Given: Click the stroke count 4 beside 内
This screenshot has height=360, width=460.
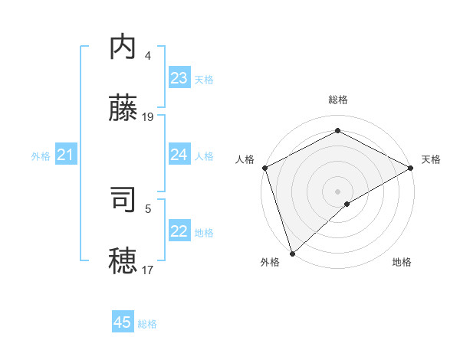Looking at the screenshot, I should pos(148,56).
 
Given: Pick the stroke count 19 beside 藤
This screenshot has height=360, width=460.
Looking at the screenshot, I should pos(148,117).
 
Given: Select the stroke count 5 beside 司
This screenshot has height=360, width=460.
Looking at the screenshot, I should pos(148,208).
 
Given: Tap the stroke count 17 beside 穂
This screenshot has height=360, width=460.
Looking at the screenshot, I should pos(148,269).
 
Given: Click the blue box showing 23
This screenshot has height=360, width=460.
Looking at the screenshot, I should pos(179,78).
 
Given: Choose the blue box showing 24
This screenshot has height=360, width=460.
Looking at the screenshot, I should pos(179,155).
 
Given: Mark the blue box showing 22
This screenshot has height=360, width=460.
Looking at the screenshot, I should pos(179,231).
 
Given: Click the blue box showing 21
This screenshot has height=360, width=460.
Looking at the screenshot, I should pos(66,155).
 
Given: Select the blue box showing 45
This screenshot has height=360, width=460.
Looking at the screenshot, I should pos(123,322).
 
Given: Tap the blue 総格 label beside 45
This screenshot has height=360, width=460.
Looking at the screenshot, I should pos(148,324).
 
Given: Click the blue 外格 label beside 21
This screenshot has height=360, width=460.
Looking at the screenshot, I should pos(41,156).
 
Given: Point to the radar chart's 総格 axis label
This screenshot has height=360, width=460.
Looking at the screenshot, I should pos(338,100).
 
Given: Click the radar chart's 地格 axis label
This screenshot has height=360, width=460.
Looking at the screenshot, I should pos(402,263).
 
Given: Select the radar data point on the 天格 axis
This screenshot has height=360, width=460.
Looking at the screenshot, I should pos(411,169).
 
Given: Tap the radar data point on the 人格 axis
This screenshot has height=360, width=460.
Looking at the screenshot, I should pos(264,168).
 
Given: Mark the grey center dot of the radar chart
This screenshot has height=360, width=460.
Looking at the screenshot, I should pos(337,191).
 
